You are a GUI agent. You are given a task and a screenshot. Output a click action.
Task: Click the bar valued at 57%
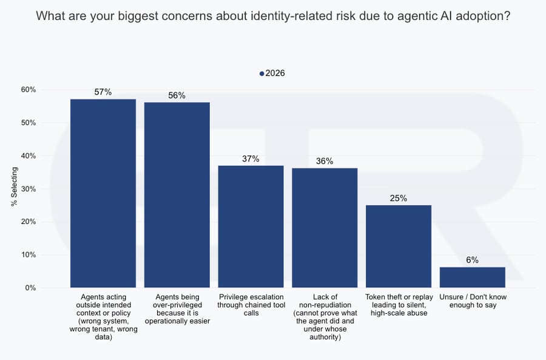[103, 193]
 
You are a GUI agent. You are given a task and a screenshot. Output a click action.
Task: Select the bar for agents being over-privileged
[177, 194]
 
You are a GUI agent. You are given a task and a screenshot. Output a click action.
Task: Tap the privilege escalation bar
[251, 226]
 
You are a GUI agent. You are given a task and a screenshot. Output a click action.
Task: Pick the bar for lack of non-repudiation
[325, 227]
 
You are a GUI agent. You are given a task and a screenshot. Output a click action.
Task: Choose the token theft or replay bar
[399, 246]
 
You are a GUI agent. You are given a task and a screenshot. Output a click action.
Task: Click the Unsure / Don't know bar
[472, 277]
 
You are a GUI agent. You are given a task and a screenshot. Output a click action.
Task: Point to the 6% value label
[472, 260]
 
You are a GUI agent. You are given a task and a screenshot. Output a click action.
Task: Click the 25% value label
[399, 198]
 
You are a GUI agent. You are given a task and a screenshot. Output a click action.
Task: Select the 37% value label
[251, 158]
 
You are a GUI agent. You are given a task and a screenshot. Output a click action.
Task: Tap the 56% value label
[177, 95]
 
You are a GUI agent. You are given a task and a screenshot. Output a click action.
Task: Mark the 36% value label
[325, 161]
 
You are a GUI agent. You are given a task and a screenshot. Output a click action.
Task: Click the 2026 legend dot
[261, 73]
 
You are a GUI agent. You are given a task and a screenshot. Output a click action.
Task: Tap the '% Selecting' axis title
[15, 189]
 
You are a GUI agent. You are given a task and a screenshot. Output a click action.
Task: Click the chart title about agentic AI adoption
[273, 16]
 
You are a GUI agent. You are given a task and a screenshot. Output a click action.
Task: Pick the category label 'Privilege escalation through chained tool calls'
[251, 305]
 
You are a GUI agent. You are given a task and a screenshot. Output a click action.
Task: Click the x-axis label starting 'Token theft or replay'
[399, 305]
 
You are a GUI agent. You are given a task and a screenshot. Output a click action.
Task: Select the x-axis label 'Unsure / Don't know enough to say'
[472, 301]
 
